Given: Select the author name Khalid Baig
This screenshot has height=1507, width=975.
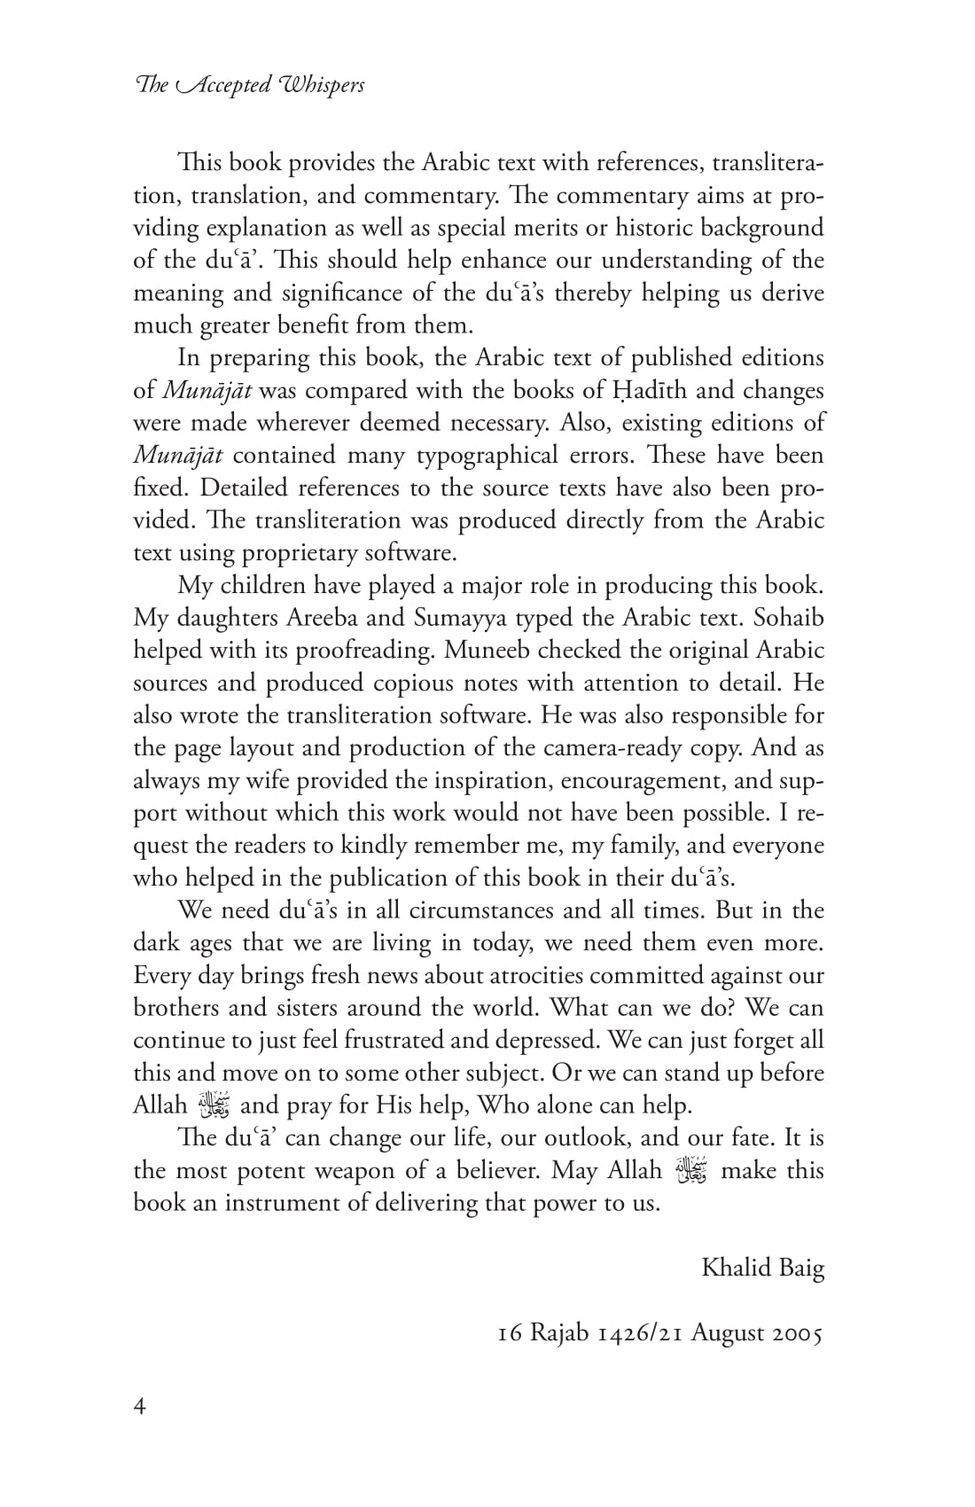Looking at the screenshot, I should pos(762,1269).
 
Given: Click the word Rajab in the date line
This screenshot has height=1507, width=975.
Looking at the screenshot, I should pos(559,1333).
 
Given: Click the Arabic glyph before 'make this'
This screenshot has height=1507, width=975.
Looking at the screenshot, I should pos(691,1171).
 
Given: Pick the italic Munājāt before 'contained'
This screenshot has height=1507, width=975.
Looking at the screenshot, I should pos(178,456).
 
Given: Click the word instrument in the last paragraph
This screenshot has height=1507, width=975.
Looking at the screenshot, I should pos(290,1204).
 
